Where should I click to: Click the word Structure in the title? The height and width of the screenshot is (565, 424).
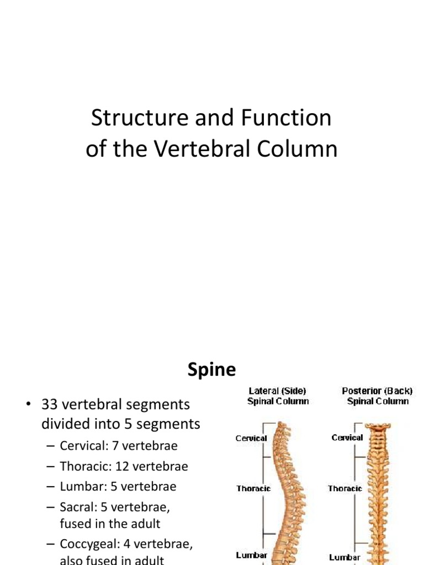tap(128, 118)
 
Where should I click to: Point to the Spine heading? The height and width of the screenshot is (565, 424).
tap(211, 369)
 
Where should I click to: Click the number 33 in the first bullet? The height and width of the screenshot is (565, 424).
tap(50, 404)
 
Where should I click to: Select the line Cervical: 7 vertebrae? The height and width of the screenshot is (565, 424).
tap(118, 445)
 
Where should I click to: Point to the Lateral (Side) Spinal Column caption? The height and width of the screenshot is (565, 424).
tap(278, 396)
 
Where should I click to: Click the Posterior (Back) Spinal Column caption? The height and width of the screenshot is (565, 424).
tap(378, 396)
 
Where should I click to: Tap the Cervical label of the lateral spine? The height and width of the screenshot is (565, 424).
tap(251, 438)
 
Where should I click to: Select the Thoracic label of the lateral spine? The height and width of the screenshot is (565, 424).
tap(253, 488)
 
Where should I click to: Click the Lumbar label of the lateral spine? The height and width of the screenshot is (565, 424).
tap(252, 555)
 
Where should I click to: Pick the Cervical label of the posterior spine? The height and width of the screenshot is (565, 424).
tap(347, 438)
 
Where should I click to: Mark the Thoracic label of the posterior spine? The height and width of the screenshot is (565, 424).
tap(345, 488)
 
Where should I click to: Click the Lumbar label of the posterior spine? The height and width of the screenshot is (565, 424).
tap(345, 557)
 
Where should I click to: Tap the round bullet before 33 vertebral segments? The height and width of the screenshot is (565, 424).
tap(26, 405)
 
